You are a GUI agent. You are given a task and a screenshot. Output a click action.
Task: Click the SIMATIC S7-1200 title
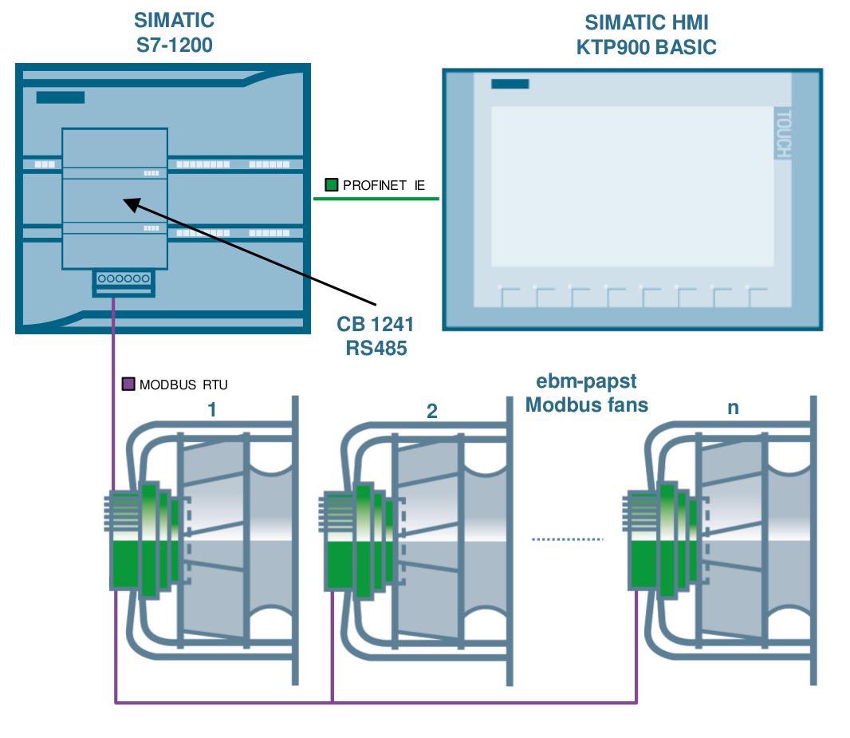click(174, 32)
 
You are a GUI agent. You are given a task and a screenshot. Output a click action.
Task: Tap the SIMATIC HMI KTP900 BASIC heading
click(646, 35)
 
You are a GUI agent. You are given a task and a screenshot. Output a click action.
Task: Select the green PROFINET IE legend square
click(332, 185)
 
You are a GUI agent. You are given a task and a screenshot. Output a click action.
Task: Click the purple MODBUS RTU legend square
click(128, 385)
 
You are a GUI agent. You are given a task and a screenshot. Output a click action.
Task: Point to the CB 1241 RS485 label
click(376, 336)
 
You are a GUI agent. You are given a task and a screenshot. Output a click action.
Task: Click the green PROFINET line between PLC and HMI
click(376, 199)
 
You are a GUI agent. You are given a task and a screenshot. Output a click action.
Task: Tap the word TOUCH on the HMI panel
click(783, 132)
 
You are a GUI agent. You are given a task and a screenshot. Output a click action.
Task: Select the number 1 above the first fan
click(212, 410)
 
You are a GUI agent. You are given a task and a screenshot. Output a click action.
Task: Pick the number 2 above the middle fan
click(432, 412)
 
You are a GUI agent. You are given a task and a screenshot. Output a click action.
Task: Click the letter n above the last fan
click(733, 408)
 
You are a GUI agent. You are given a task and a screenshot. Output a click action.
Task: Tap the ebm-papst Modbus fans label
click(586, 393)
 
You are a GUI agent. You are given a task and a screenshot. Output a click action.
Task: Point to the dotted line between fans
click(567, 539)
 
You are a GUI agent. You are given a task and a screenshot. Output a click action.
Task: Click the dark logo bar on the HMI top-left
click(510, 84)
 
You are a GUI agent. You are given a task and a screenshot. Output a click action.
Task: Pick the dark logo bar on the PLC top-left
click(60, 97)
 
